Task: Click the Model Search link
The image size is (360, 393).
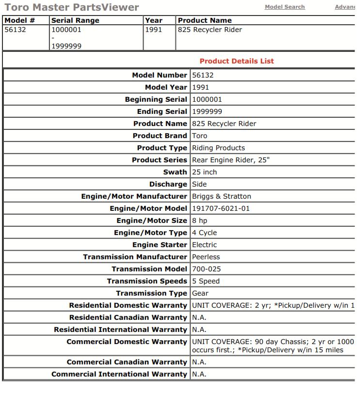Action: point(284,7)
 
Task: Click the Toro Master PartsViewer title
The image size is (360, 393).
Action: point(72,7)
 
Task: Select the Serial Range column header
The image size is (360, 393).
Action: point(75,20)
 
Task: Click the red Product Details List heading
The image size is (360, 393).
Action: point(236,61)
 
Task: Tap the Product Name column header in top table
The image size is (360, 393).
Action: point(204,20)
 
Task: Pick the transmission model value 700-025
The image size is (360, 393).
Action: point(206,269)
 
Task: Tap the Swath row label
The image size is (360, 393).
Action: point(175,172)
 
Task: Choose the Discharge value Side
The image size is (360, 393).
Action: point(199,184)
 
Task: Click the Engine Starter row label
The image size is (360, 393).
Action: point(159,245)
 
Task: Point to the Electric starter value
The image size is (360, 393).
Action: point(204,245)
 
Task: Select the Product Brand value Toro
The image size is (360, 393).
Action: point(200,136)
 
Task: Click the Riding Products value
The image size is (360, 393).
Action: point(219,148)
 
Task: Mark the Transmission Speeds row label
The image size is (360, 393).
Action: point(147,281)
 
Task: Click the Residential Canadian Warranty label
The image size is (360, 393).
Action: point(128,317)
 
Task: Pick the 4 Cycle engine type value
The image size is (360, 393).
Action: point(204,233)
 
